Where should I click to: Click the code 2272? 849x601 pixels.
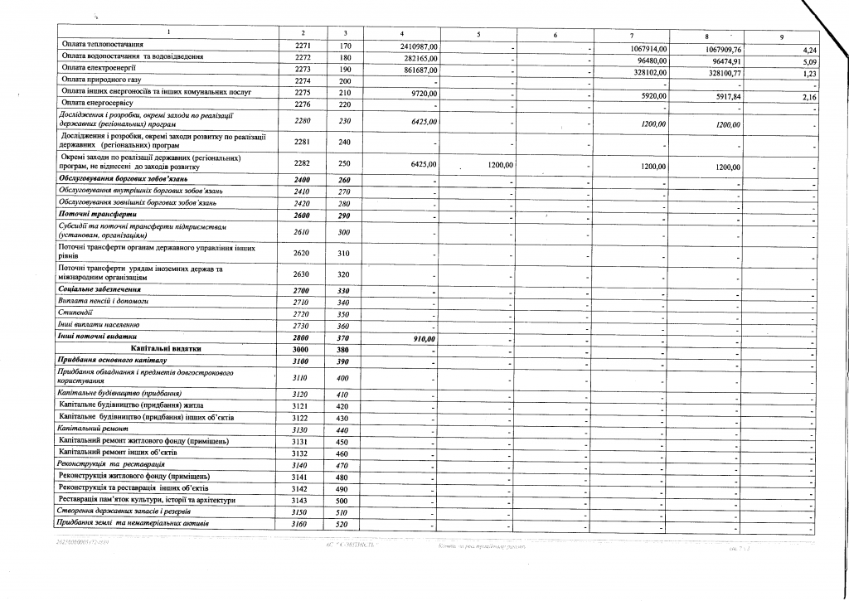coord(302,58)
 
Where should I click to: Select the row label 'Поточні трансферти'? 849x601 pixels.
coord(92,215)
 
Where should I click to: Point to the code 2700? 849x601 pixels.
coord(301,289)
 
